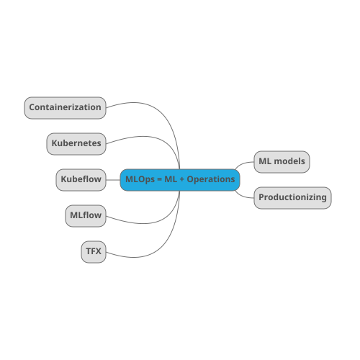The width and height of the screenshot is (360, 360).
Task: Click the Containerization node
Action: click(x=65, y=108)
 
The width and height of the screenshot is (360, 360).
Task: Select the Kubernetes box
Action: click(x=76, y=144)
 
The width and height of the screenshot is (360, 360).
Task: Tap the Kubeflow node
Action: click(x=81, y=180)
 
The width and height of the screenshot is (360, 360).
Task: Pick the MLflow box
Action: click(x=86, y=216)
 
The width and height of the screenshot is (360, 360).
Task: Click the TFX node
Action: click(x=94, y=252)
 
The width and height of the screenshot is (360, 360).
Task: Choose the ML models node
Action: click(x=282, y=162)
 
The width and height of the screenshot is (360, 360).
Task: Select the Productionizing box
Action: click(x=292, y=198)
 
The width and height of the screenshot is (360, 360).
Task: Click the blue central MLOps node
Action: click(x=180, y=180)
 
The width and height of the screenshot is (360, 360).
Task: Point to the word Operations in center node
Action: click(x=211, y=179)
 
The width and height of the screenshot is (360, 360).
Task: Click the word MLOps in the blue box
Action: click(x=140, y=179)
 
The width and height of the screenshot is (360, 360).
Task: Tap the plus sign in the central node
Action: click(x=182, y=179)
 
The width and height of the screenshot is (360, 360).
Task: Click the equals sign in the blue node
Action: click(x=160, y=179)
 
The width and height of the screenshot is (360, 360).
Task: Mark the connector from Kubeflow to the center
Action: click(x=113, y=180)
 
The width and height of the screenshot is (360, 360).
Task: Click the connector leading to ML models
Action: click(x=242, y=164)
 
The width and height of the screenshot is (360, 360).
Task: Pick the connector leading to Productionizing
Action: click(x=242, y=195)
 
